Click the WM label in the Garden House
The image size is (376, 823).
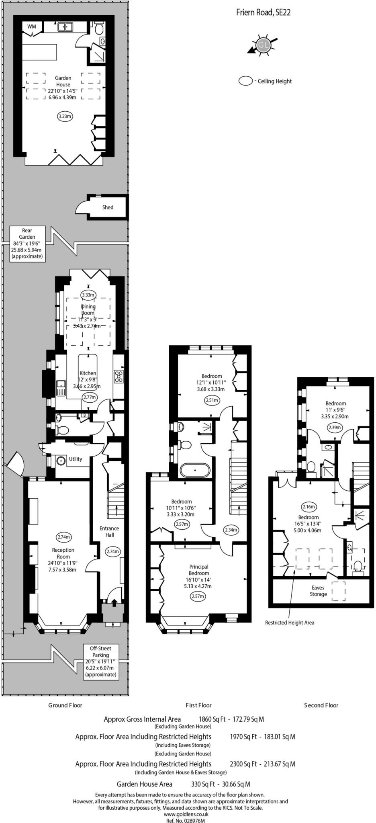pos(32,27)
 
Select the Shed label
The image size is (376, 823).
pos(108,207)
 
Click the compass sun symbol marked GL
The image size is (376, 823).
pos(263,45)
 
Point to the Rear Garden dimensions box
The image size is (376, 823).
pos(27,243)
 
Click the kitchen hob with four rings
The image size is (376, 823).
pos(119,376)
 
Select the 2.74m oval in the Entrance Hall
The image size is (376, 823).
pos(112,552)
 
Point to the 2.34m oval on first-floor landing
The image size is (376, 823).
pos(231,530)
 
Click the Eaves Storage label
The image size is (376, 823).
pos(318,591)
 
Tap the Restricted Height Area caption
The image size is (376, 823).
pos(290,622)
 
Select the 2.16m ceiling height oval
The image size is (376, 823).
pos(309,507)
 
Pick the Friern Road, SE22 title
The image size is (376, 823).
pos(263,13)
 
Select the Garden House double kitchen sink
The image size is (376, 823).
pos(65,27)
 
